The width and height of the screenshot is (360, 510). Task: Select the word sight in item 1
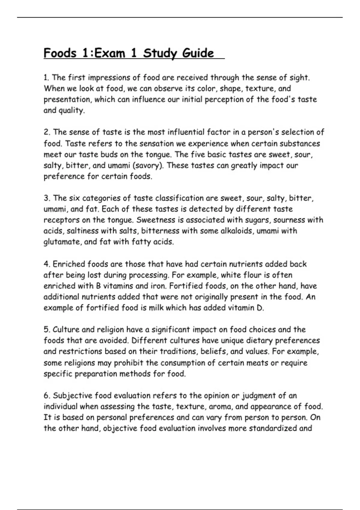coord(298,78)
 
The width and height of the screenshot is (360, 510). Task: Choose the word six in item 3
coord(74,198)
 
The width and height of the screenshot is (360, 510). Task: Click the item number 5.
coord(46,330)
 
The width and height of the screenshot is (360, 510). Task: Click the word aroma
coord(220,407)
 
